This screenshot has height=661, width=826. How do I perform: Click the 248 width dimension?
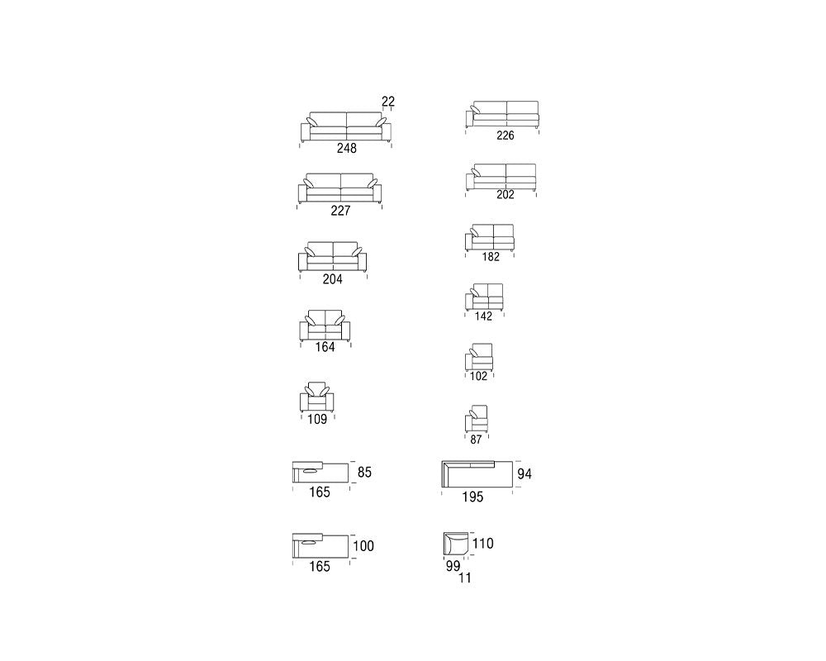tap(347, 148)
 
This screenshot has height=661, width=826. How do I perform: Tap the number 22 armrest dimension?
tap(388, 101)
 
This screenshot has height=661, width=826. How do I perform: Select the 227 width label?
tap(340, 211)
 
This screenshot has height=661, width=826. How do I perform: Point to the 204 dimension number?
tap(332, 279)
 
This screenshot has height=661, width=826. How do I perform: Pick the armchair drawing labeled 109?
tap(317, 397)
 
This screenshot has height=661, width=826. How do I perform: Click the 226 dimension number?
tap(506, 136)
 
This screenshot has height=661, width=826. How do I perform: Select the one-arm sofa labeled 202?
tap(501, 177)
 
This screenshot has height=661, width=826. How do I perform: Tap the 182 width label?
tap(491, 257)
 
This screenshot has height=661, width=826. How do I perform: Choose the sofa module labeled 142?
tap(484, 297)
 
